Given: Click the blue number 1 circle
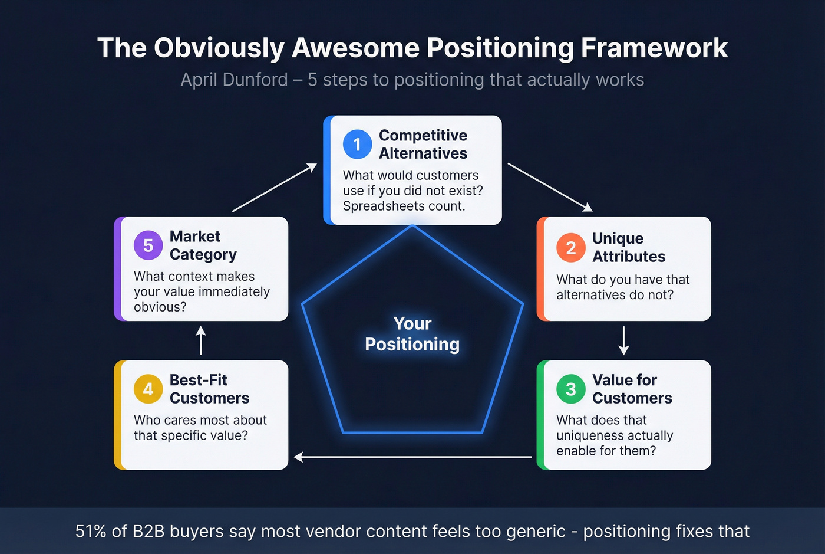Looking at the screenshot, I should [357, 144].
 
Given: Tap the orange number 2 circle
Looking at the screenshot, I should [570, 248].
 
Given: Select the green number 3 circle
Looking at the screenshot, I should [570, 389].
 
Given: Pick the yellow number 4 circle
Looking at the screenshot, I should [148, 389].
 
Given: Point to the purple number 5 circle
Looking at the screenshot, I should [148, 245].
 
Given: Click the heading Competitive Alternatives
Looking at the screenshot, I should [423, 145].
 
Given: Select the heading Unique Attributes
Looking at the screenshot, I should [628, 247].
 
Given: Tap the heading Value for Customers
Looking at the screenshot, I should [632, 389].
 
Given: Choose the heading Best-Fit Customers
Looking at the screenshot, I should [209, 389].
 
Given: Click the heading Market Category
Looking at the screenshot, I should [203, 245].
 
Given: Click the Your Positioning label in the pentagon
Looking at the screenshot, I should [412, 334].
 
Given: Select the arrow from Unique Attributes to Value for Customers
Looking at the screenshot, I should [623, 340].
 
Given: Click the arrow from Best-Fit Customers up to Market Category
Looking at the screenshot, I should [201, 340].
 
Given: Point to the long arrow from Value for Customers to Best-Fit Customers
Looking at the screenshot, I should [412, 457].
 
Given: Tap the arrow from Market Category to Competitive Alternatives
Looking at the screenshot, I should [275, 188].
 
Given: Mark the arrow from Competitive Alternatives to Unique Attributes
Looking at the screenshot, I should [550, 187].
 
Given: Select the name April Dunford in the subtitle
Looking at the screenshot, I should [234, 80].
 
